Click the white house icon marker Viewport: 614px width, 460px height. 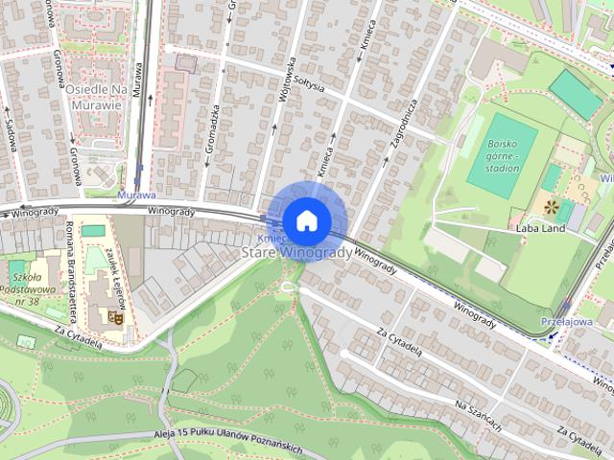pyautogui.click(x=306, y=219)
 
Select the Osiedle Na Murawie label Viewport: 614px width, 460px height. pyautogui.click(x=97, y=96)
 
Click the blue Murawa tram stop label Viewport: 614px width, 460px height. pyautogui.click(x=135, y=195)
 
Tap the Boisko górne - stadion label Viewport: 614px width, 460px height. pyautogui.click(x=503, y=154)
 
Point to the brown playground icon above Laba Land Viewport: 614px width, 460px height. pyautogui.click(x=551, y=206)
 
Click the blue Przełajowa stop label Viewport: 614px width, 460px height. pyautogui.click(x=567, y=322)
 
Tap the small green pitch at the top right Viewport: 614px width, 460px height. pyautogui.click(x=576, y=95)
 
